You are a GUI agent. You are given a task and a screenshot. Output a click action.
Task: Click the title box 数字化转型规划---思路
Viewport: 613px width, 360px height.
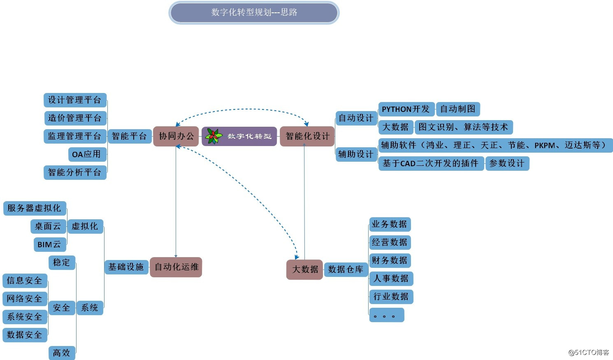coord(254,13)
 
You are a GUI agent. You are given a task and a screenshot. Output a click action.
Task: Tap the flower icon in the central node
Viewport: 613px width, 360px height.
coord(214,136)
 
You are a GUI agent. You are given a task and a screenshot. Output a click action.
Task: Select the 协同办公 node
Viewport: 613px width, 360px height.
coord(176,136)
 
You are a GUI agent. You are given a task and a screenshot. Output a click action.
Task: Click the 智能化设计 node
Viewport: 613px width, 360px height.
coord(307,136)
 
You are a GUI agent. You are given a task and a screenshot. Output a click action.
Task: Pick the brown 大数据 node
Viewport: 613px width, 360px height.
coord(304,269)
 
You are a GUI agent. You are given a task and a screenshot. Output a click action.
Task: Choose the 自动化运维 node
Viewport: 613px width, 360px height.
coord(176,267)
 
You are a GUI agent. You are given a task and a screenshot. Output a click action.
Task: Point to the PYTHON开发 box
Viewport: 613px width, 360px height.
coord(406,109)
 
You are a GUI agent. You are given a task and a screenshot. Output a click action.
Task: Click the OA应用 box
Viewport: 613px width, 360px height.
coord(86,154)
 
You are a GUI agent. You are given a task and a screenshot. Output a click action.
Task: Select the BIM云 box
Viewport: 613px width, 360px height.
coord(49,244)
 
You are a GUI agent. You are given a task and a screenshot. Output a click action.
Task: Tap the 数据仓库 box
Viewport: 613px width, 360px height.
coord(346,269)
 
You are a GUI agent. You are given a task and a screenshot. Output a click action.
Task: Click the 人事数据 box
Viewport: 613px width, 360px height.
coord(391,279)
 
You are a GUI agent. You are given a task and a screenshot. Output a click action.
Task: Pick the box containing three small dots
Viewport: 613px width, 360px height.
coord(386,315)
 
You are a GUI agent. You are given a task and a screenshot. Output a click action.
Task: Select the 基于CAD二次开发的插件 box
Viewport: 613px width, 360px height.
coord(430,163)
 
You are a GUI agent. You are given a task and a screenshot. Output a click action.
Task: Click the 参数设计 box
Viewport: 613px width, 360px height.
coord(507,163)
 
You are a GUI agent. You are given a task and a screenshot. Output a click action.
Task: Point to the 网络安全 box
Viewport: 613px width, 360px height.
coord(25,299)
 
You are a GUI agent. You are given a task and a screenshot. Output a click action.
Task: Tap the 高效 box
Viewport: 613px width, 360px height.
coord(62,353)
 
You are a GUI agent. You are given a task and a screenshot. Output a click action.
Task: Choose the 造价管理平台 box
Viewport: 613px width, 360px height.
coord(75,118)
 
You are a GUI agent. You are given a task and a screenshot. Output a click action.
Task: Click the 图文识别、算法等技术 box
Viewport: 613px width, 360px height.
coord(463,127)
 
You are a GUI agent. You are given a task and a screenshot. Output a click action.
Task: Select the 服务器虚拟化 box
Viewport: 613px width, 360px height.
coord(35,208)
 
